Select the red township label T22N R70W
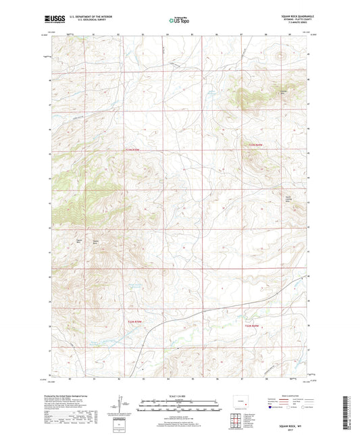click(136, 149)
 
